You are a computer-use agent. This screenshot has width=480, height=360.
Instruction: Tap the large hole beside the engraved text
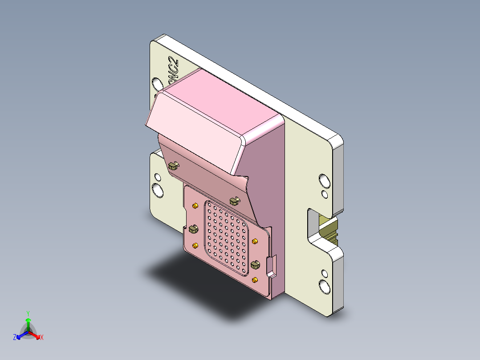pyautogui.click(x=157, y=84)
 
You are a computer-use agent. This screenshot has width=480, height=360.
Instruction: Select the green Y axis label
pyautogui.click(x=28, y=313)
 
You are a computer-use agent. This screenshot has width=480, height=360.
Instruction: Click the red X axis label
pyautogui.click(x=42, y=338)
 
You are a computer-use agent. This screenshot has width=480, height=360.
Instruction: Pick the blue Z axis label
pyautogui.click(x=14, y=338)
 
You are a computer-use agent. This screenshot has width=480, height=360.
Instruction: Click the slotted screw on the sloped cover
pyautogui.click(x=173, y=166)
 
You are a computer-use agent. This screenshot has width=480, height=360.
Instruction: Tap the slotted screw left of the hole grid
pyautogui.click(x=193, y=229)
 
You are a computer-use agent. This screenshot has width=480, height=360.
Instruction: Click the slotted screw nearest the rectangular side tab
pyautogui.click(x=256, y=265)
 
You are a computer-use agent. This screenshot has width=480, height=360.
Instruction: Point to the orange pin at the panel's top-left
pyautogui.click(x=195, y=206)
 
